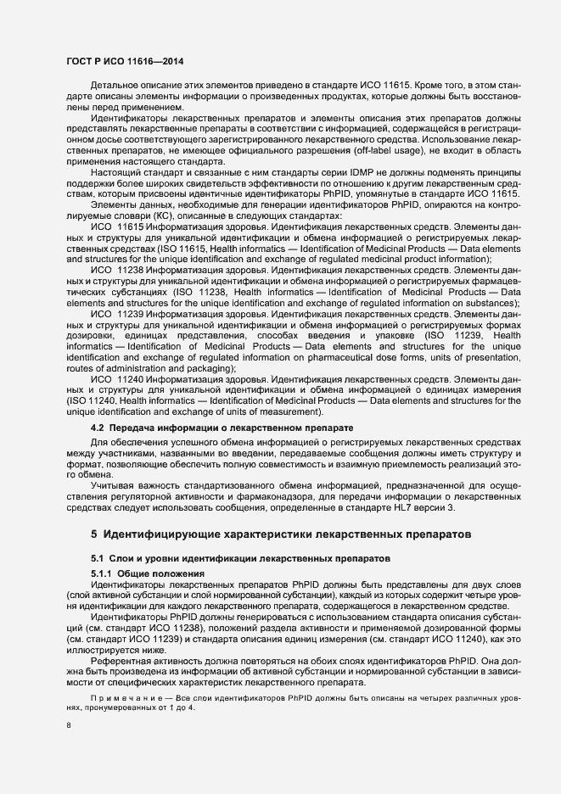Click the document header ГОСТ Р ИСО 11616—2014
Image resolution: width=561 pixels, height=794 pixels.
pos(125,62)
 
